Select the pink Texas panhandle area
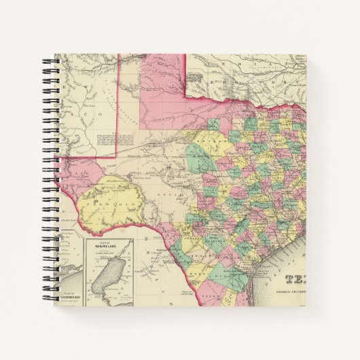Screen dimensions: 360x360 pos(163,88)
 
